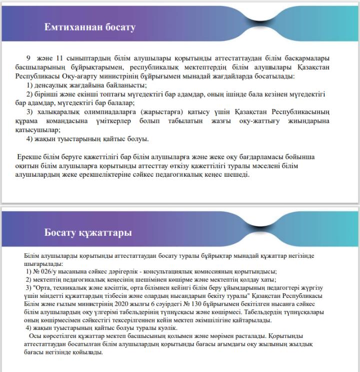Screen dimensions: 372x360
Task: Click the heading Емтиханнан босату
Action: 89,27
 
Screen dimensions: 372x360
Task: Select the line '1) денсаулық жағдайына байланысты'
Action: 83,85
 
